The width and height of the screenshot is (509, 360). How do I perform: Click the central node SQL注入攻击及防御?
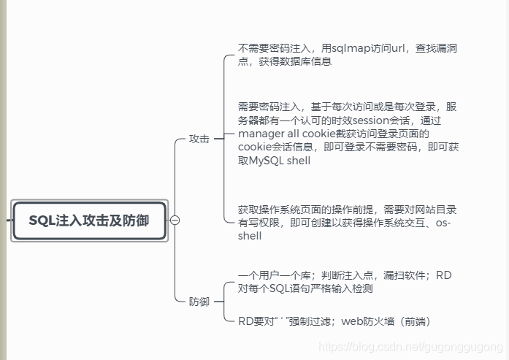[x=89, y=220]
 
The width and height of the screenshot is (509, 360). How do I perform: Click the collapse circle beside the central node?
[x=175, y=220]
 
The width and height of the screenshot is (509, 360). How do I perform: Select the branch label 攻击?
[x=199, y=139]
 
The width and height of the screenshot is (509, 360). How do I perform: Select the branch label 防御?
[x=199, y=302]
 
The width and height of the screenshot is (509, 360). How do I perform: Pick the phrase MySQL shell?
[x=280, y=161]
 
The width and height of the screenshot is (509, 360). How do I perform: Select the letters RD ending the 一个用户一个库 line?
[x=444, y=276]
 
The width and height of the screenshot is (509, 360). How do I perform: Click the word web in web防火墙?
[x=353, y=321]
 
